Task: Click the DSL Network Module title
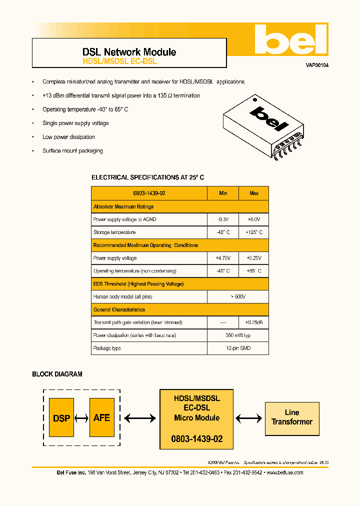[129, 52]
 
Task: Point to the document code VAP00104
[317, 65]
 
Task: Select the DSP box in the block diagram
[61, 418]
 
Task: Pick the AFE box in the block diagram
[101, 417]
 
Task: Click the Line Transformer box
[292, 417]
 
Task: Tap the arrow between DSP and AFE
[81, 418]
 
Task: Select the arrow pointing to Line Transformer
[248, 417]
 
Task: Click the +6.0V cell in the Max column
[253, 219]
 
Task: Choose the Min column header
[222, 193]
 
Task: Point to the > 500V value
[238, 296]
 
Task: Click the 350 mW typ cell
[238, 335]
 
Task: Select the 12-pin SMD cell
[238, 348]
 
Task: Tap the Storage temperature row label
[114, 232]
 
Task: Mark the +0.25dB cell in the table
[253, 322]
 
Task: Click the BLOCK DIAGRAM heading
[57, 374]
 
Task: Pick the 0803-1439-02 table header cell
[149, 193]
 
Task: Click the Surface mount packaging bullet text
[72, 150]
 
